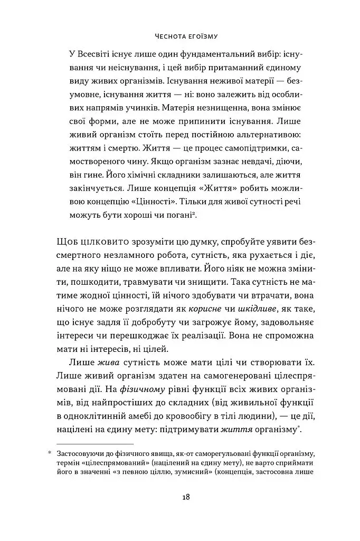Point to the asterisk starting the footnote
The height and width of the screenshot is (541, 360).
[x=50, y=453]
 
